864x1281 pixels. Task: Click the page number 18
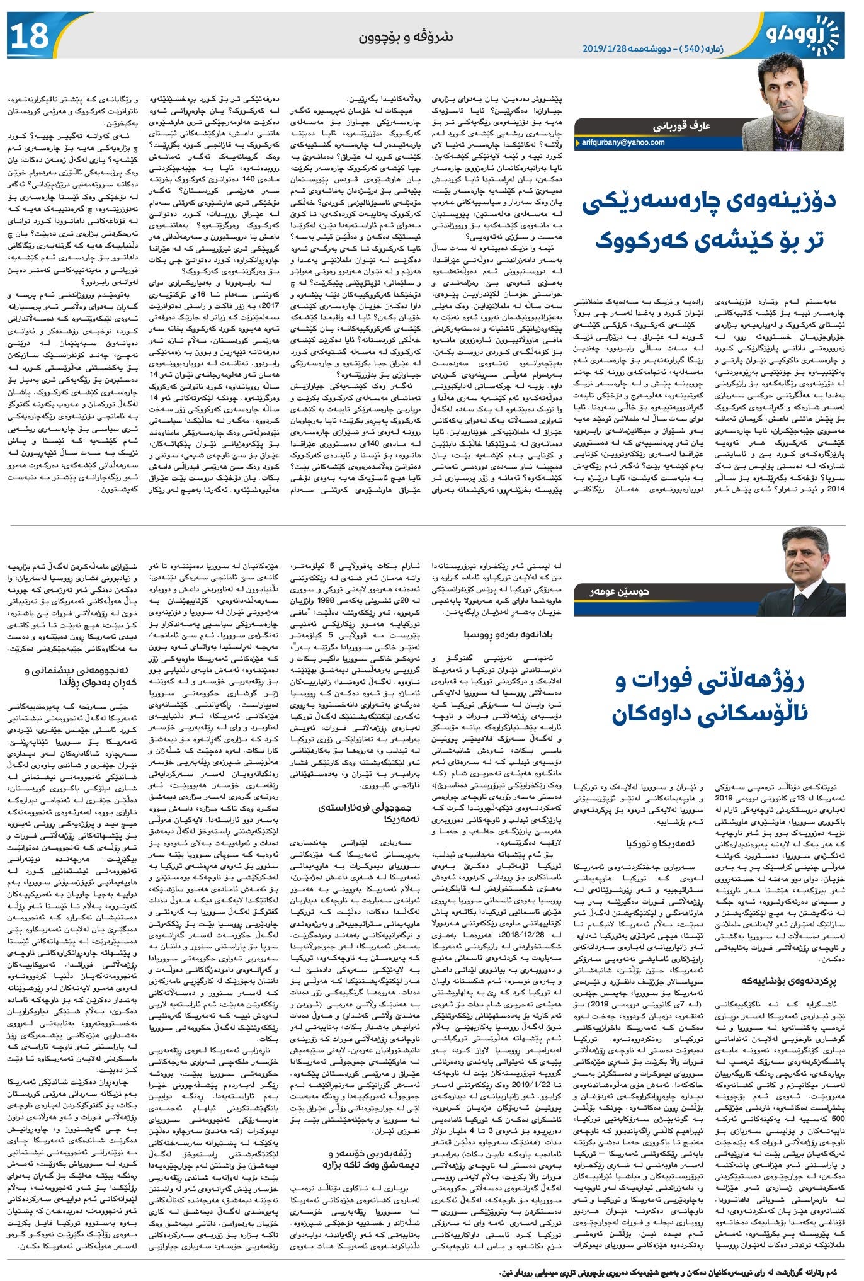30,36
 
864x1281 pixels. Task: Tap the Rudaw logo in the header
802,35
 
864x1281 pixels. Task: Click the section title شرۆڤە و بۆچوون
406,37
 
